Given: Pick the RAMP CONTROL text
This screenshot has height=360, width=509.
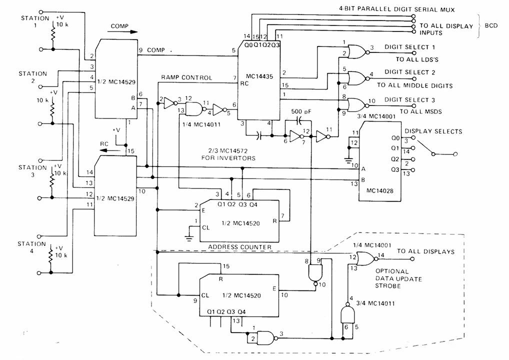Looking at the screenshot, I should point(186,78).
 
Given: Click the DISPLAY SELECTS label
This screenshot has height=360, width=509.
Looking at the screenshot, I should point(433,131).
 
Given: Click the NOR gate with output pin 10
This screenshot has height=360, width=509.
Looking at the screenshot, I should point(356,104).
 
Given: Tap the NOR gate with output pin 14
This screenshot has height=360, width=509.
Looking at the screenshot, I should point(367,258).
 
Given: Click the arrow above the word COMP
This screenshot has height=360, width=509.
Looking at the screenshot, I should point(123,31).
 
